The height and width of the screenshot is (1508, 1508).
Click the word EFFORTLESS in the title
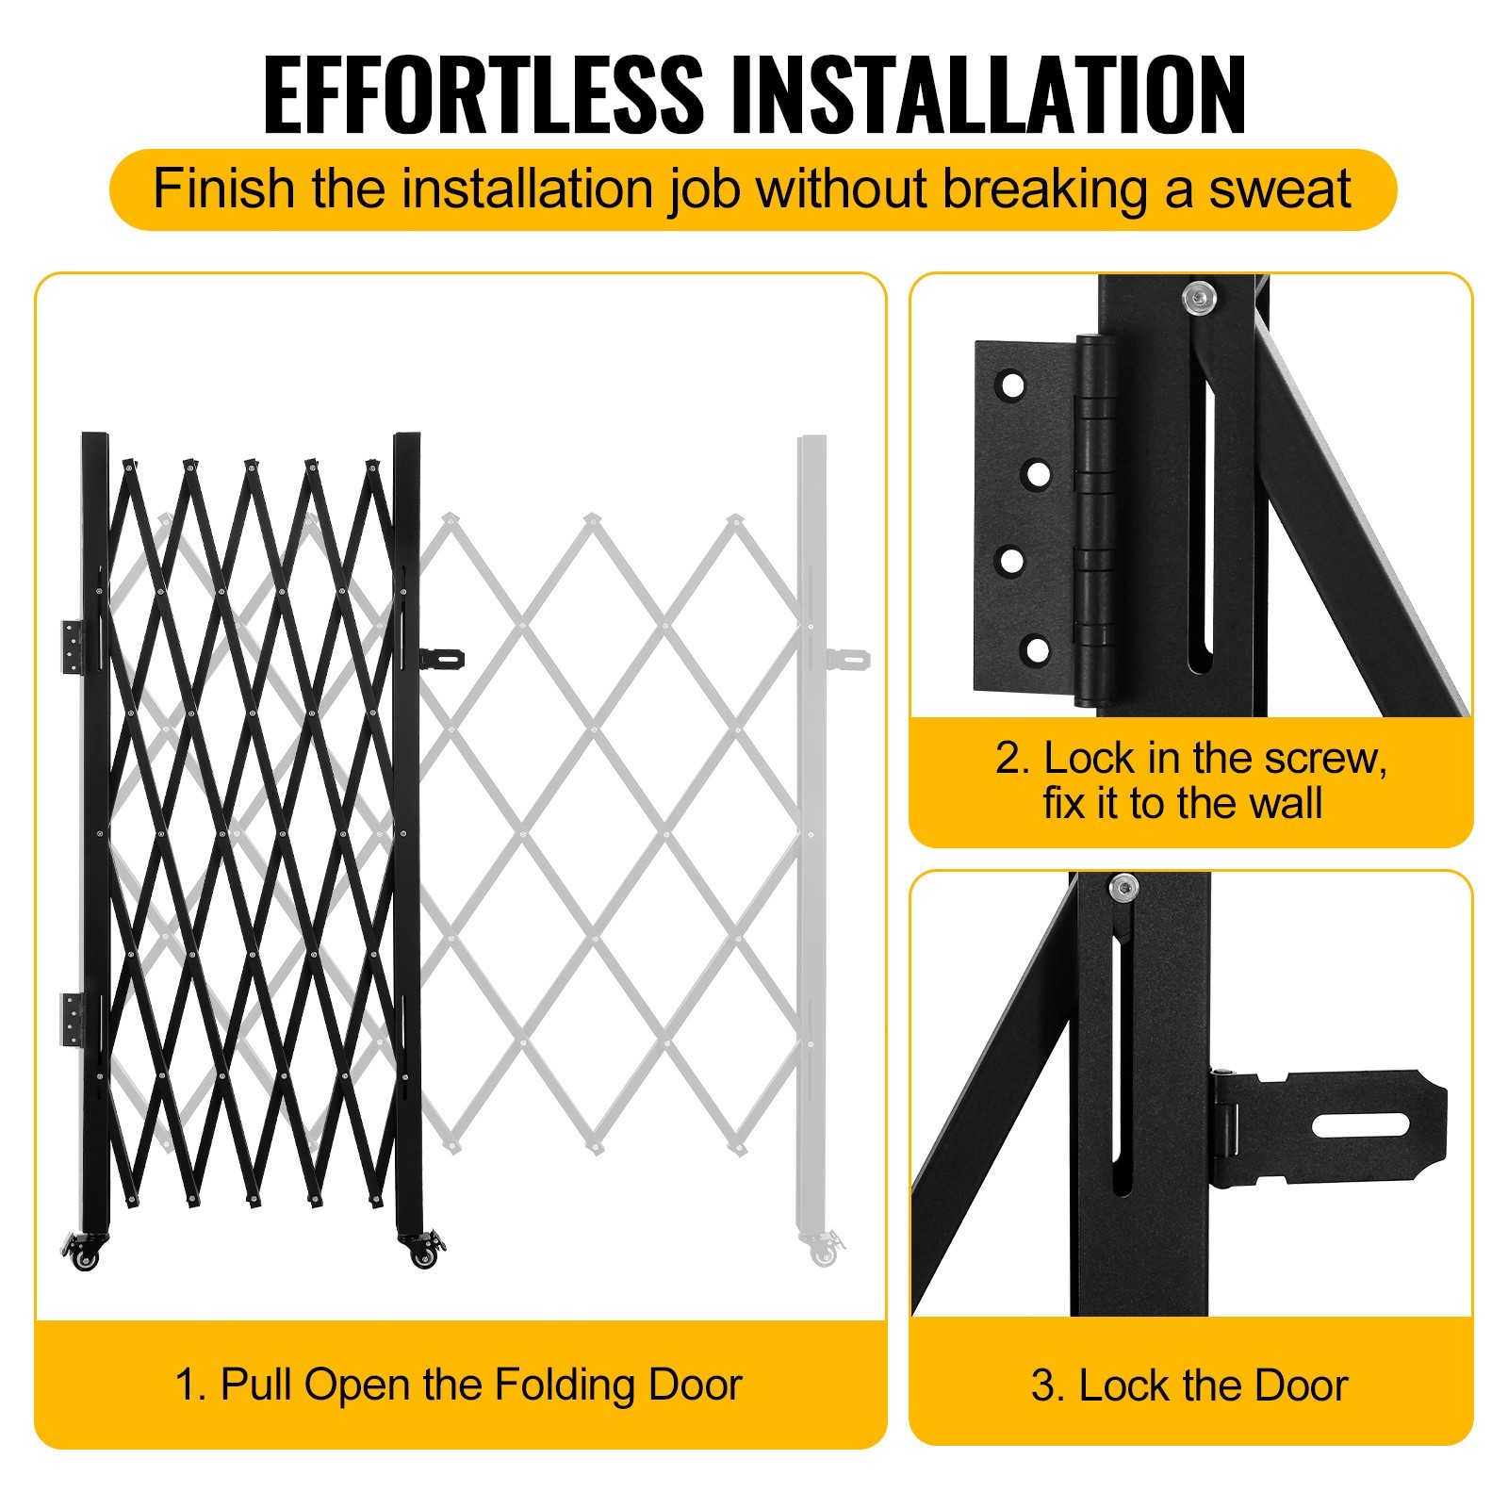[x=484, y=94]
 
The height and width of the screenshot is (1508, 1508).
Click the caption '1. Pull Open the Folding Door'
[x=459, y=1385]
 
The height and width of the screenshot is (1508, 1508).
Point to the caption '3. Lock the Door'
[x=1189, y=1385]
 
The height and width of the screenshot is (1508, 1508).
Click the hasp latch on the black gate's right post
[x=442, y=655]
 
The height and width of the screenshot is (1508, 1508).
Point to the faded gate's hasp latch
[x=846, y=657]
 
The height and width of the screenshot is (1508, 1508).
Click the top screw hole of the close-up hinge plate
[x=1011, y=385]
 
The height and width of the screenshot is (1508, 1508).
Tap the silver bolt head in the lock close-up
[x=1123, y=888]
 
